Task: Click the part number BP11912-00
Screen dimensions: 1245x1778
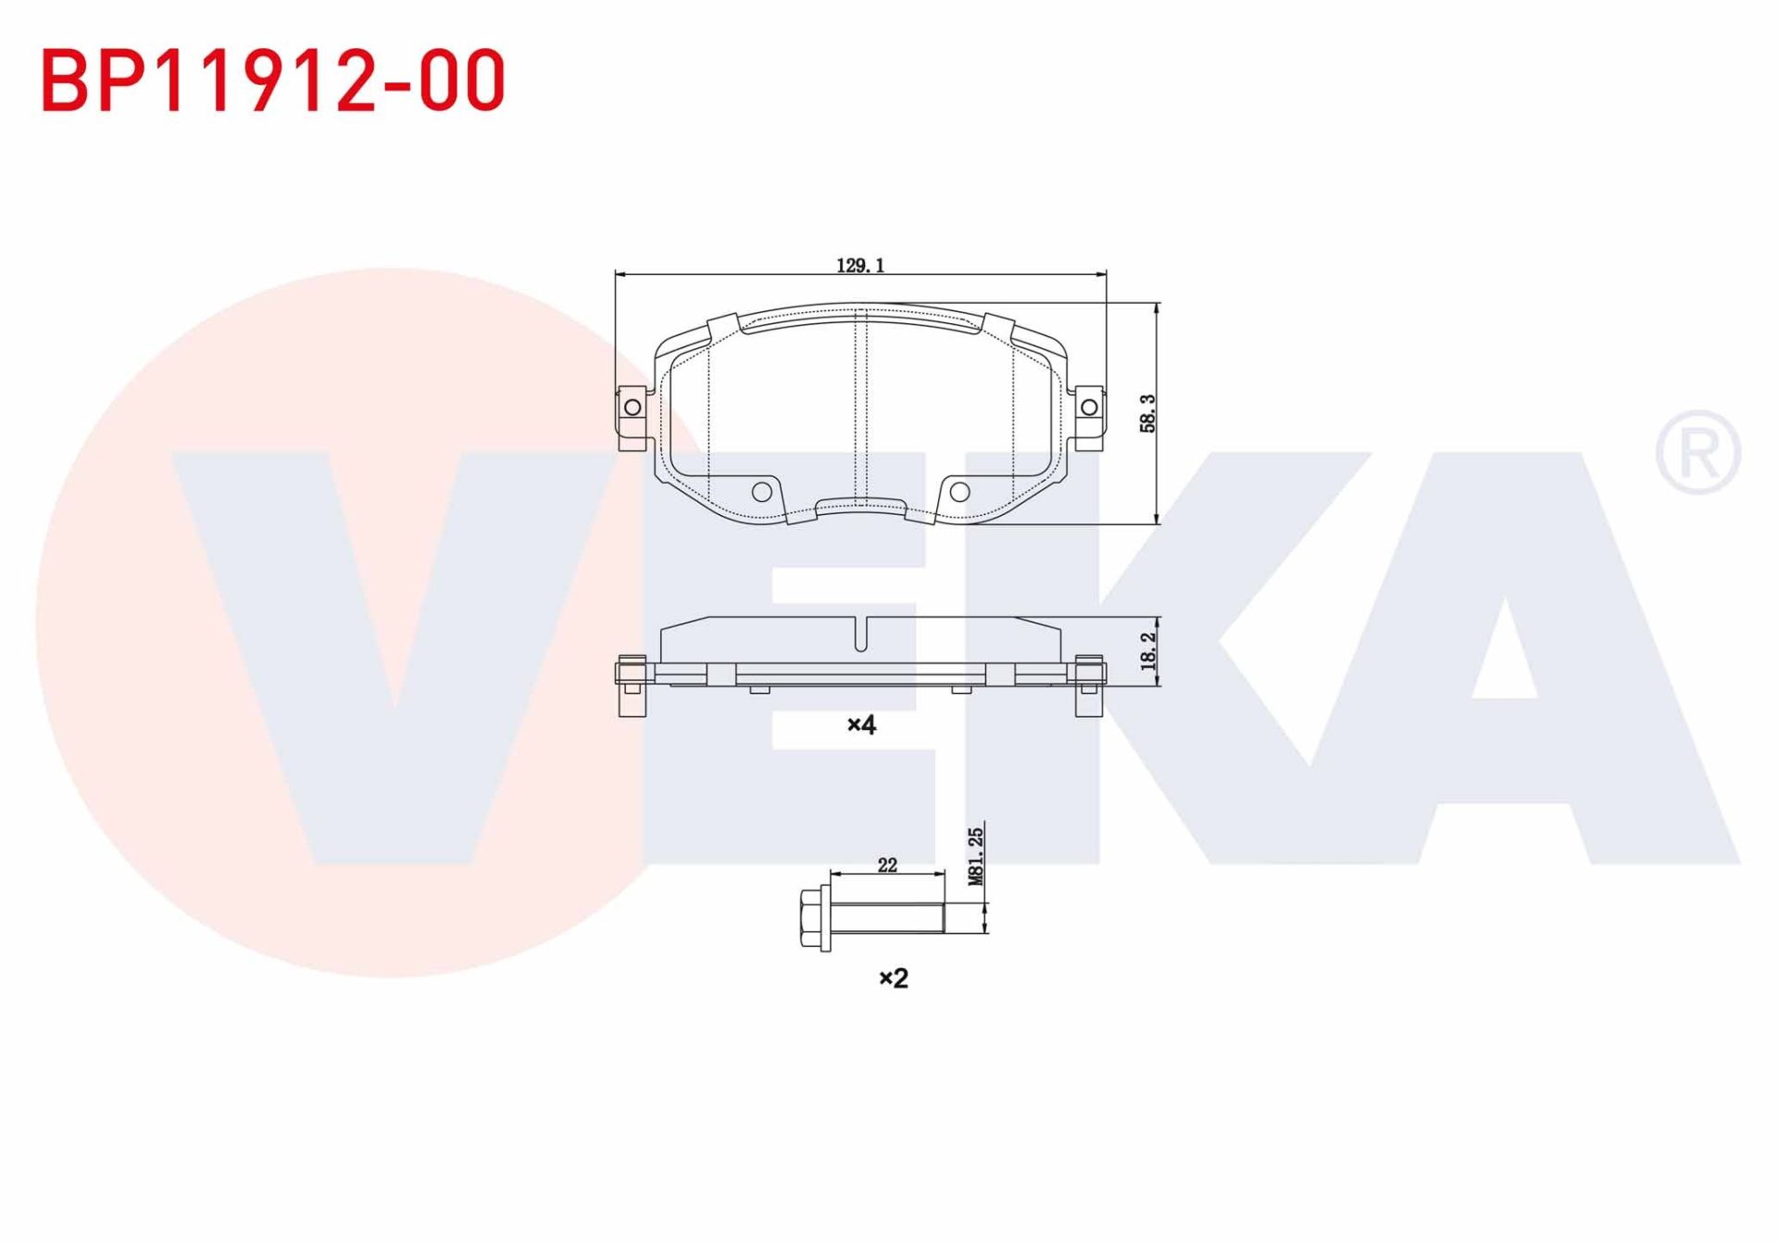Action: tap(273, 82)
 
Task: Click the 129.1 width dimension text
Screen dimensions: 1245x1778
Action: tap(860, 266)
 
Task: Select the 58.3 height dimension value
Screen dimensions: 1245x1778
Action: tap(1147, 413)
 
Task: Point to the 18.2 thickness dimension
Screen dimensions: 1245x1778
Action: tap(1148, 651)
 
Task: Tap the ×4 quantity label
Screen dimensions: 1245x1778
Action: tap(861, 724)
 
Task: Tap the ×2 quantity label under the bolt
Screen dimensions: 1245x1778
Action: tap(894, 978)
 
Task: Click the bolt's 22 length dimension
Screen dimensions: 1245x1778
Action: tap(887, 865)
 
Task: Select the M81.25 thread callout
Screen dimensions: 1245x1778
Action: tap(975, 857)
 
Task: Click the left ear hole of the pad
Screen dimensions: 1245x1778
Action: tap(632, 408)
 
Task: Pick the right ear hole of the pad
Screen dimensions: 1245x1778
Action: tap(1090, 408)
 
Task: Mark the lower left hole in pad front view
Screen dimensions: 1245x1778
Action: tap(761, 492)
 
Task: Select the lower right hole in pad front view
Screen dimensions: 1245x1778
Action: tap(960, 492)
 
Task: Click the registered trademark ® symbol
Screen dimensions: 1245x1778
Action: tap(1697, 452)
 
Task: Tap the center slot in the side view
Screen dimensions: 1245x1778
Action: tap(861, 635)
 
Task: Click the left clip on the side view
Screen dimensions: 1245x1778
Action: tap(632, 685)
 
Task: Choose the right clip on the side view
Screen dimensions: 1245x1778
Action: tap(1089, 685)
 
